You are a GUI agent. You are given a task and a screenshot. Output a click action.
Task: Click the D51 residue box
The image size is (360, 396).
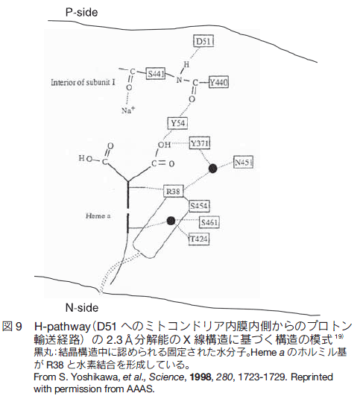203,41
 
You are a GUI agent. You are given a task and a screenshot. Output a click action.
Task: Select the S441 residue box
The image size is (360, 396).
156,74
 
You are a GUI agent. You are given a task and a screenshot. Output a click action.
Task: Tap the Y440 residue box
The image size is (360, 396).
218,82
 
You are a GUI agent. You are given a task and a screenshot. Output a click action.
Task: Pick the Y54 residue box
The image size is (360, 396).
177,123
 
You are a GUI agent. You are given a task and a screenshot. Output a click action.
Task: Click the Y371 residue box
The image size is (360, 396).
200,143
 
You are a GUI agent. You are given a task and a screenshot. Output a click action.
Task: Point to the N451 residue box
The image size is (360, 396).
244,163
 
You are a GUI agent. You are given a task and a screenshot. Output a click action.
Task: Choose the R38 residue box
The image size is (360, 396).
173,192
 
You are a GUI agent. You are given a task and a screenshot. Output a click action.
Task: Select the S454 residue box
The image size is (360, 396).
200,206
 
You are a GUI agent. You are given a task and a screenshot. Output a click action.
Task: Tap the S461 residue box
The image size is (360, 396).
209,222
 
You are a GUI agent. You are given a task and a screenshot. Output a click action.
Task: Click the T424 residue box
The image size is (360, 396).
199,239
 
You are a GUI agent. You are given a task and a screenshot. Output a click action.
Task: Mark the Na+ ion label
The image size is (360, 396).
128,110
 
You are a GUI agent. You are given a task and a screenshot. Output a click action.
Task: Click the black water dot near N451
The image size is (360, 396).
213,169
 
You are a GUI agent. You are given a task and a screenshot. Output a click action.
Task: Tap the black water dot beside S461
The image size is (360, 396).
171,221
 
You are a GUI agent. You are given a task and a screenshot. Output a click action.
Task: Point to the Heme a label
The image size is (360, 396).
98,216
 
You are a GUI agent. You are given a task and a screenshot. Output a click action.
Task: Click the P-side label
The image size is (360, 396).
81,12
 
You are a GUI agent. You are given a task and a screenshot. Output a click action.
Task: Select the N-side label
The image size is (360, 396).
82,307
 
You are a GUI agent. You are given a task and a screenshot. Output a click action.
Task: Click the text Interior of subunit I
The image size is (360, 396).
83,82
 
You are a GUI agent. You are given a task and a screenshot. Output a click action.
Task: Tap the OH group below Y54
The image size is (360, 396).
164,145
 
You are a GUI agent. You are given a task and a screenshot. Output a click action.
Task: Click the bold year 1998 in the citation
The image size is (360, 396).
200,377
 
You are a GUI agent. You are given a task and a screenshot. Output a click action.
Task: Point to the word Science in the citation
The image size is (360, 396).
166,377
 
